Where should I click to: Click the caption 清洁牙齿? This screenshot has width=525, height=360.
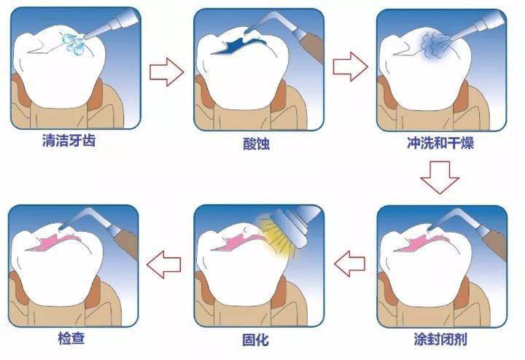pos(69,141)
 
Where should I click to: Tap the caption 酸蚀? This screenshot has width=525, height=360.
pos(256,144)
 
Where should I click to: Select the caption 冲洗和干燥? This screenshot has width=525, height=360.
pos(440,143)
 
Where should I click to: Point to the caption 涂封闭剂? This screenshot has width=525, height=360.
pos(440,340)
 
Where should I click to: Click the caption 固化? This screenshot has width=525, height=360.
pos(255,340)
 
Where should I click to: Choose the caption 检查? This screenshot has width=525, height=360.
pos(71,338)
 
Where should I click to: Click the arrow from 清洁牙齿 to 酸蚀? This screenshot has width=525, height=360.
pos(166,71)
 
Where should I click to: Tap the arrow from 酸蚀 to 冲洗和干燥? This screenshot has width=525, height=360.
pos(350,66)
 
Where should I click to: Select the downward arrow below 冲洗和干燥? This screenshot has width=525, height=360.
pos(440,177)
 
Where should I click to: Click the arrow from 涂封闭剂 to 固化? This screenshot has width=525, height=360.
pos(349,263)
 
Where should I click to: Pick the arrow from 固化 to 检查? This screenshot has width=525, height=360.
pos(164,265)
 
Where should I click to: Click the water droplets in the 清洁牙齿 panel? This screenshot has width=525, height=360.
pos(74,44)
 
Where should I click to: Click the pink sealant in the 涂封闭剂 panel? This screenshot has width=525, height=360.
pos(421,243)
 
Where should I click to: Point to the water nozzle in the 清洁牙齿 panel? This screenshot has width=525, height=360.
pos(112,24)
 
